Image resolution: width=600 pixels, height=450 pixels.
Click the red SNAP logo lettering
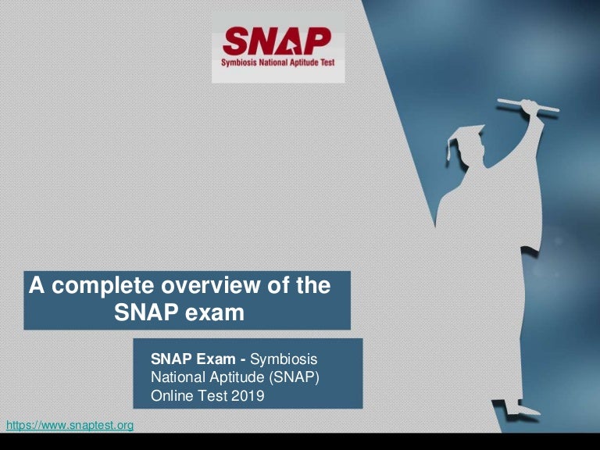click(277, 41)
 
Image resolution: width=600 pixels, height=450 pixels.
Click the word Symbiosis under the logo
click(243, 67)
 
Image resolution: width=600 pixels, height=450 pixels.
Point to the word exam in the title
click(215, 312)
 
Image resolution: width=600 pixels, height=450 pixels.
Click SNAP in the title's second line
click(148, 312)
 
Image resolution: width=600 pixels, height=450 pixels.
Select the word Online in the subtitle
click(171, 396)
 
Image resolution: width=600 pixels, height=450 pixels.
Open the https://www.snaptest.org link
click(70, 425)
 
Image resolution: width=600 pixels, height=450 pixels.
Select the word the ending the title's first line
click(313, 286)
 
